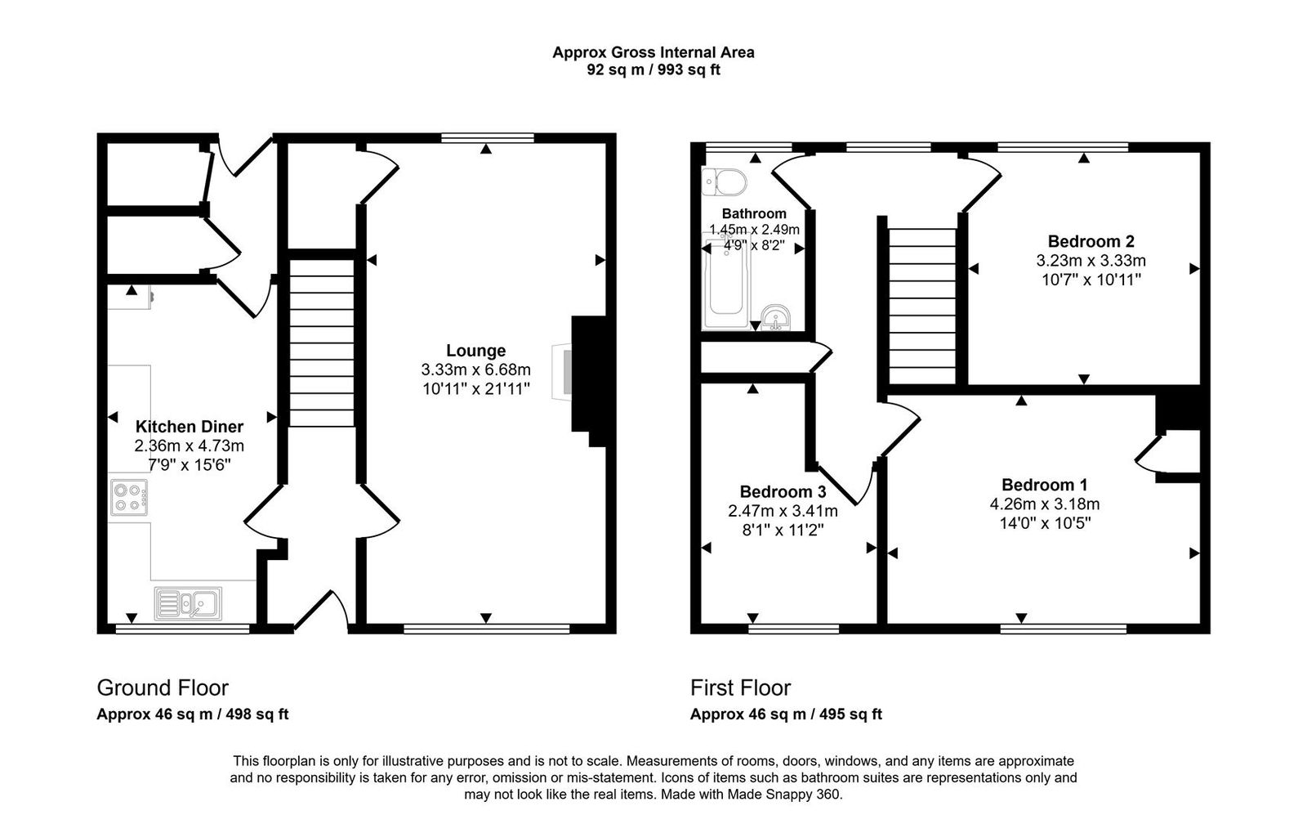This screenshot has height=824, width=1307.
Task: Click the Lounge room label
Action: (x=475, y=351)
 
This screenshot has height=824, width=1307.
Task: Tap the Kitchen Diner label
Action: (x=189, y=427)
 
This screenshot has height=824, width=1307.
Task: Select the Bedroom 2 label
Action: (x=1091, y=241)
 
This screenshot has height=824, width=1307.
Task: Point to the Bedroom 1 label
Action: (x=1044, y=485)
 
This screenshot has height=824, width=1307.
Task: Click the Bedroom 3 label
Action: (x=783, y=491)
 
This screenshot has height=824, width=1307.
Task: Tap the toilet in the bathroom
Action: (x=724, y=181)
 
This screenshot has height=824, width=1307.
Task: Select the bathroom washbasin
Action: (x=776, y=317)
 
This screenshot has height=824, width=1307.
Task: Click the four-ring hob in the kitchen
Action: (x=130, y=498)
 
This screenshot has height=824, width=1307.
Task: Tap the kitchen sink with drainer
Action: (x=188, y=604)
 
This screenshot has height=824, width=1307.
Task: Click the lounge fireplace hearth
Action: (x=562, y=372)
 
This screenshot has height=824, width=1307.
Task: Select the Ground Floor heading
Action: (x=163, y=687)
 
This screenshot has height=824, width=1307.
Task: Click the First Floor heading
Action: (x=740, y=687)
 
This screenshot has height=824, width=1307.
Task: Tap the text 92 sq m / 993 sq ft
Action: (x=653, y=70)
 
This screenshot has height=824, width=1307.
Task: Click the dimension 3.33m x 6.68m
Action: (x=475, y=369)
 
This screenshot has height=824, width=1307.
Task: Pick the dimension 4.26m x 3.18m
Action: (x=1044, y=504)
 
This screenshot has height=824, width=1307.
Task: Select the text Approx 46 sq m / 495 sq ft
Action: (x=786, y=714)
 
